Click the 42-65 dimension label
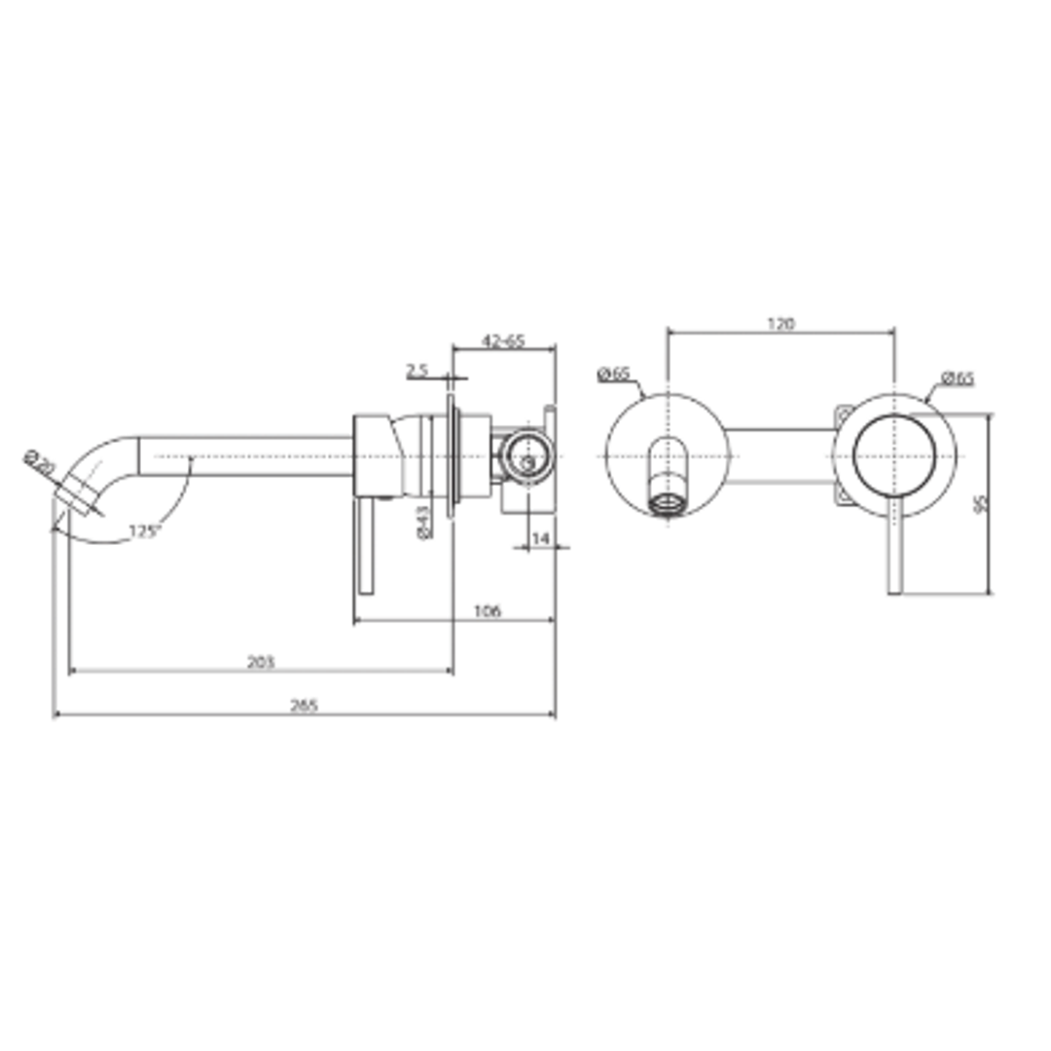[x=503, y=341]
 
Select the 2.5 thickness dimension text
[x=417, y=371]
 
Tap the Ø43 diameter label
[x=424, y=522]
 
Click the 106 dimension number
[x=487, y=611]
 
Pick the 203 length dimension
[x=260, y=662]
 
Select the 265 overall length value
[x=304, y=707]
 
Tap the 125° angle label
[x=144, y=531]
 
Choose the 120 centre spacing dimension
[x=780, y=324]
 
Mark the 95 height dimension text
[x=981, y=503]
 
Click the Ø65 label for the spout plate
[x=613, y=374]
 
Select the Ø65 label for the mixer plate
[x=958, y=379]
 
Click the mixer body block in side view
[x=378, y=455]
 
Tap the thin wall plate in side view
[x=451, y=455]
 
